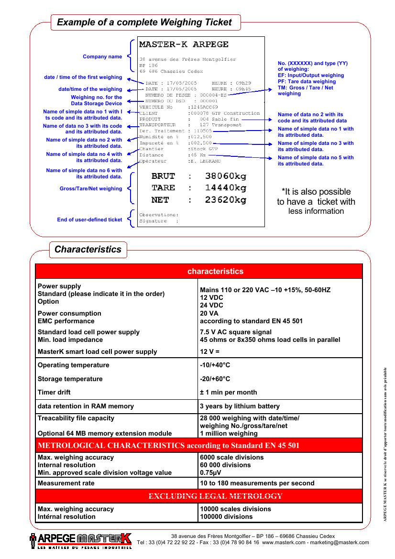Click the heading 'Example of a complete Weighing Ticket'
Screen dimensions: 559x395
(144, 22)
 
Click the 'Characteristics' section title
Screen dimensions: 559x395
(88, 249)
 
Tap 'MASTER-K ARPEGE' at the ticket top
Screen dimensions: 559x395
(184, 44)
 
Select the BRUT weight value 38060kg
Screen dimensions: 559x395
(225, 176)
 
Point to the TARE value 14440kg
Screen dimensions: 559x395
(225, 188)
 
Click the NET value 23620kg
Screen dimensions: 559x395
(225, 200)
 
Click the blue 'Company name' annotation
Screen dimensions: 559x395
(102, 57)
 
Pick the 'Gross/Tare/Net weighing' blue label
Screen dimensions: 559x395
(91, 188)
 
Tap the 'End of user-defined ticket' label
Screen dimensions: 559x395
(89, 220)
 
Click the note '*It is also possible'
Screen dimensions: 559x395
(316, 192)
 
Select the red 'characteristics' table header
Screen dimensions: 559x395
(215, 271)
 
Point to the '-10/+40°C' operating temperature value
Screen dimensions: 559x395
(215, 365)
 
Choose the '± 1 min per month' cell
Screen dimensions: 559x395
(228, 392)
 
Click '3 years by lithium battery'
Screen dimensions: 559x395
(240, 406)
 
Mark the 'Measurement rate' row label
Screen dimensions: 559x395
(66, 483)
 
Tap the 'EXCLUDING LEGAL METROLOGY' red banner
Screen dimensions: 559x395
(215, 496)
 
